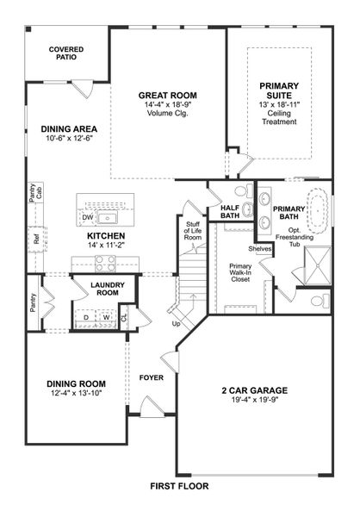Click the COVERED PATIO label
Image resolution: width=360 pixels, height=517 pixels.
[65, 54]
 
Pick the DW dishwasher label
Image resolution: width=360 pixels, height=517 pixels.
[87, 217]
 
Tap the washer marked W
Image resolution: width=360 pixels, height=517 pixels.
[106, 317]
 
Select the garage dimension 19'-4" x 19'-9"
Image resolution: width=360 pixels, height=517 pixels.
[254, 400]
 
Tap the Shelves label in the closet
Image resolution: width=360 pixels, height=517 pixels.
[259, 248]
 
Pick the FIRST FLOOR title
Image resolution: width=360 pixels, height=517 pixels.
[178, 486]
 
